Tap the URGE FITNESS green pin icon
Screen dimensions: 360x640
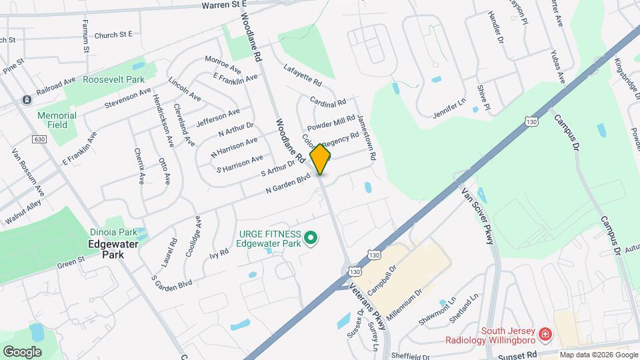tap(310, 237)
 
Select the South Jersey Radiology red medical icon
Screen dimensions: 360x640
tap(545, 333)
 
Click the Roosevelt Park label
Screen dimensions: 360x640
tap(113, 79)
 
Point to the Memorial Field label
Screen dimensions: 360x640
tap(57, 120)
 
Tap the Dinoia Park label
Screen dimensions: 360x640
tap(113, 233)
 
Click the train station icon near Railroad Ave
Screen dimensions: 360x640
tap(26, 100)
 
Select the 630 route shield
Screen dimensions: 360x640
tap(38, 139)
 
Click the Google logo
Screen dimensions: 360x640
tap(22, 351)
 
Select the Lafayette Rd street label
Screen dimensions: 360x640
tap(303, 75)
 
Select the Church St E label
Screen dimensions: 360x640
tap(113, 34)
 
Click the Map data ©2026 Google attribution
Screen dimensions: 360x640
tap(598, 355)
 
